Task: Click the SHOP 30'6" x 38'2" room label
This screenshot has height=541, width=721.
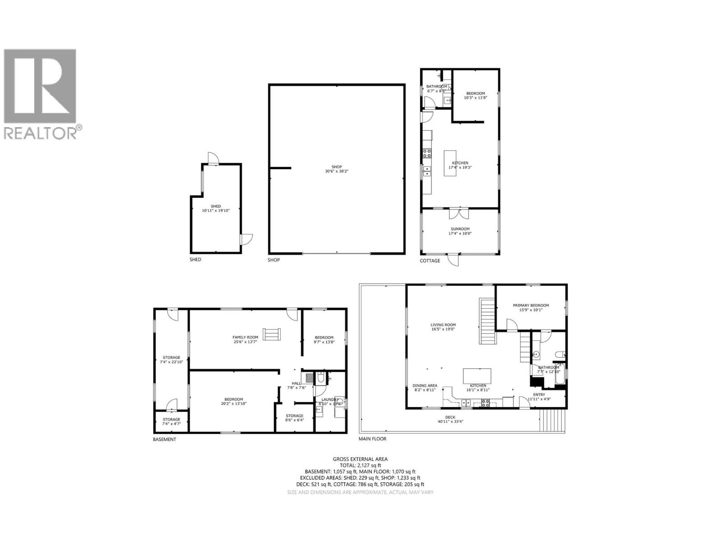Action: [337, 169]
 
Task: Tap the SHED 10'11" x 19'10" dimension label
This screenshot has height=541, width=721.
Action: [216, 208]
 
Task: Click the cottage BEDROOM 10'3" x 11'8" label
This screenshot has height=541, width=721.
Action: [475, 95]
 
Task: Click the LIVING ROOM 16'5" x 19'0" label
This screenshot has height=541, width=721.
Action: [443, 327]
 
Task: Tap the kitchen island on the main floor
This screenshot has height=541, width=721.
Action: [477, 376]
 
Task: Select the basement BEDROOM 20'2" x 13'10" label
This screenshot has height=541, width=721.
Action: [234, 401]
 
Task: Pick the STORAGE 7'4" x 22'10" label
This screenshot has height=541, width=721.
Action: [171, 359]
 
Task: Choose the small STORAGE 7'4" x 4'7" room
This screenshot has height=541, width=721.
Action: [171, 422]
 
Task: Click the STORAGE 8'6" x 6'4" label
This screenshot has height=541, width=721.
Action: [295, 417]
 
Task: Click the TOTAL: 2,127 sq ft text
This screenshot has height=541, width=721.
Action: [360, 465]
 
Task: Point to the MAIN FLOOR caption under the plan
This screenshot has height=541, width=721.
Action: [372, 439]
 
